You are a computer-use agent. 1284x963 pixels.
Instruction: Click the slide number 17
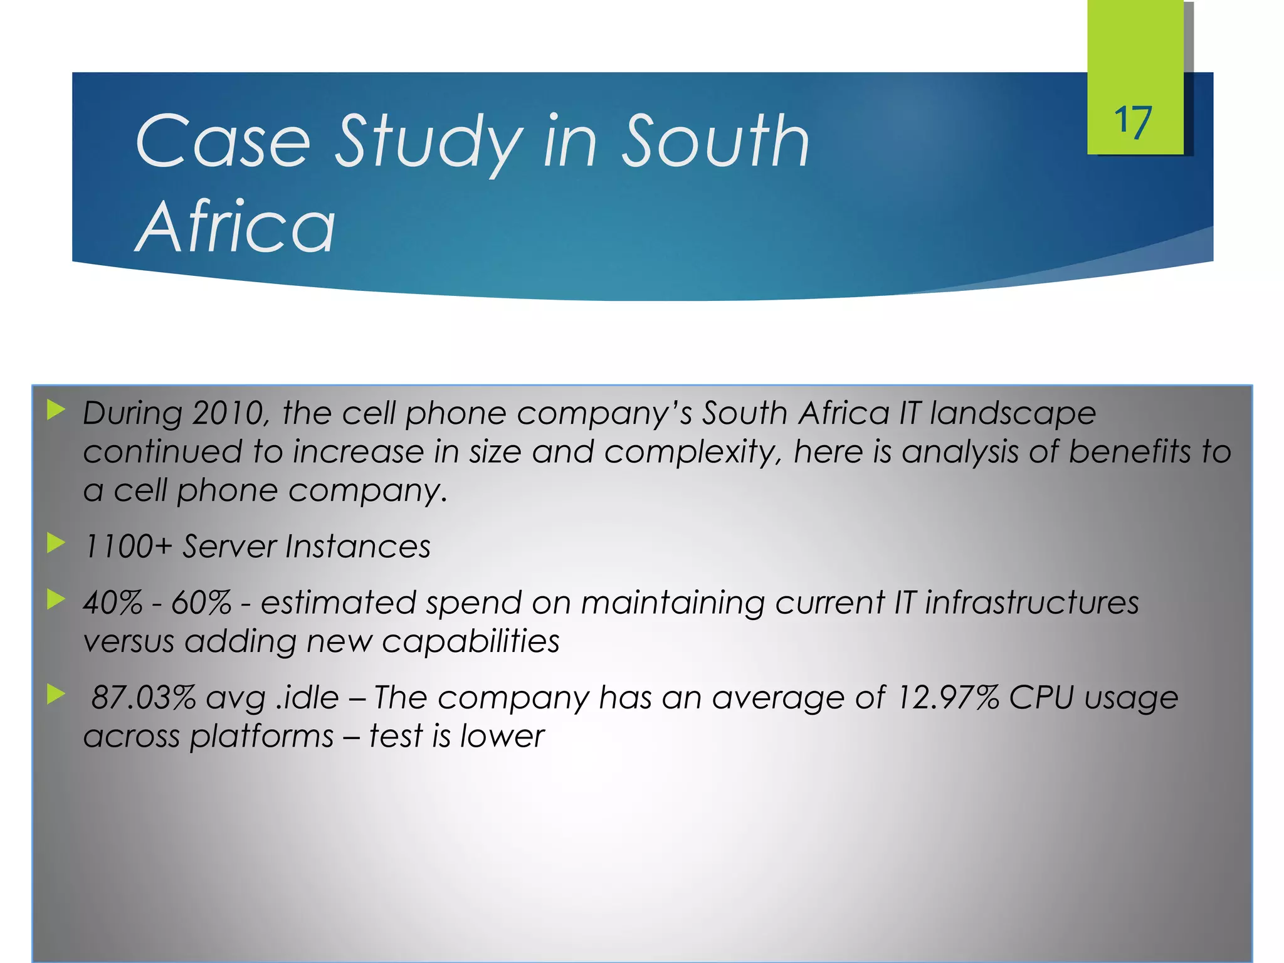1132,122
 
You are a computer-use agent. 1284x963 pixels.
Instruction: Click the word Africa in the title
235,227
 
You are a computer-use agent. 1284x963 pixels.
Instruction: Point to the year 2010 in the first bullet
228,414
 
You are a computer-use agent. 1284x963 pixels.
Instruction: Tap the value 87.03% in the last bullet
144,697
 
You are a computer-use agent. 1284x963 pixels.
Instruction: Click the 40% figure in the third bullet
113,603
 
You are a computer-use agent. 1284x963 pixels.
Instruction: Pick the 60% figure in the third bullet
201,603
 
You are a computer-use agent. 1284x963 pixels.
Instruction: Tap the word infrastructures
1031,603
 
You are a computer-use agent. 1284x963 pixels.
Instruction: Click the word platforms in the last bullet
261,737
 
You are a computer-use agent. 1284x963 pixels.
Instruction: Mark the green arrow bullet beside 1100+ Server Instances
56,543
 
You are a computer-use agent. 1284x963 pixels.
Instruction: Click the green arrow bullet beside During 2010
56,411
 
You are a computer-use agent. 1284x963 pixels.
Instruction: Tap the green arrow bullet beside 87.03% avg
56,694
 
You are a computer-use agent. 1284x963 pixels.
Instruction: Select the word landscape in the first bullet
1013,414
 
